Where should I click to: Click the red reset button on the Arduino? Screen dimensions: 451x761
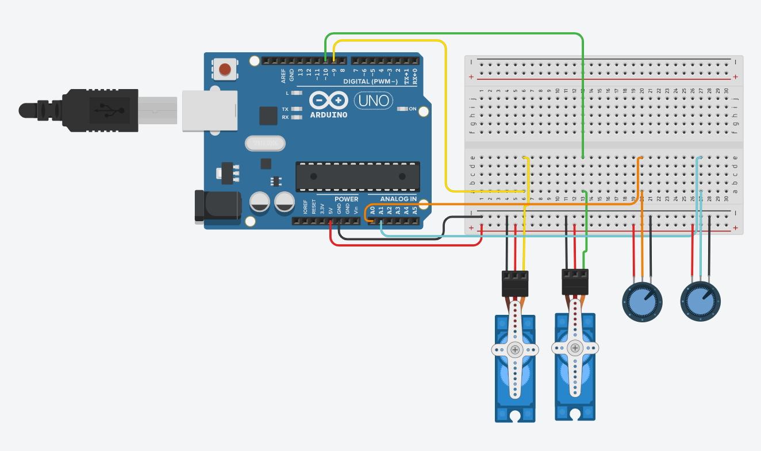coord(225,70)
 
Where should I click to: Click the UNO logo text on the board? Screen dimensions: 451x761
coord(374,101)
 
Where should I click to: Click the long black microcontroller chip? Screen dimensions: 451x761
coord(357,176)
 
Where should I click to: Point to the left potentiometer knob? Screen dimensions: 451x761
coord(643,301)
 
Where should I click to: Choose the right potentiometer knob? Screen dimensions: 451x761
coord(700,300)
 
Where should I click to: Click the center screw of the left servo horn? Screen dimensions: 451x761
coord(515,349)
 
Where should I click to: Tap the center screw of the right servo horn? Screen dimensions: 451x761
coord(575,348)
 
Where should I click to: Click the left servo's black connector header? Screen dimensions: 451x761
coord(514,283)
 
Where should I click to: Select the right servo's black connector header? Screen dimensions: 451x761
coord(575,281)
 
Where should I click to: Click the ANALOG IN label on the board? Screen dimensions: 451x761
coord(398,199)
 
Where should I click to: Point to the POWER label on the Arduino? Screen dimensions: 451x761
coord(346,199)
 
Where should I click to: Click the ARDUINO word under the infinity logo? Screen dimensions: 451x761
coord(329,114)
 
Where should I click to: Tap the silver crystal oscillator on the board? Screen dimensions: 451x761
coord(265,143)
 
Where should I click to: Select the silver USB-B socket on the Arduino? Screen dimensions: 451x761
coord(210,111)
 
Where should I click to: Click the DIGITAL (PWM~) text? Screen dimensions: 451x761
coord(370,82)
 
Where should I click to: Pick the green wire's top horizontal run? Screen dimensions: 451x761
coord(454,34)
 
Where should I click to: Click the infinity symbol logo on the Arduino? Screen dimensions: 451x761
coord(329,101)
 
